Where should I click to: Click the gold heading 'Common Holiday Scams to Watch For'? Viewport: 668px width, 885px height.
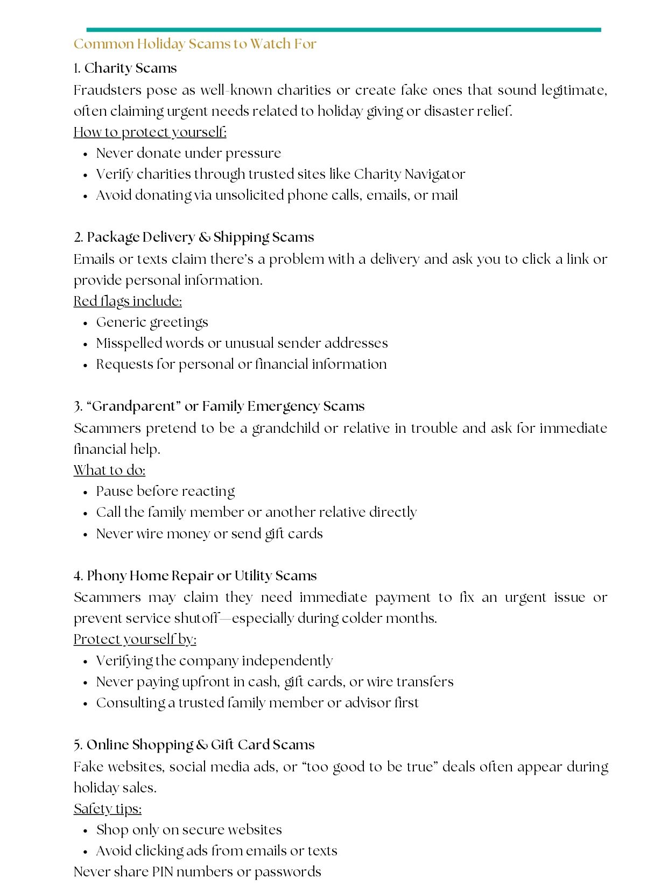pos(194,44)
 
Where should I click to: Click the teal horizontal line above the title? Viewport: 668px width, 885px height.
pos(343,30)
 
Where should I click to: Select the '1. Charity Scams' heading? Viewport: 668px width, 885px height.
pos(125,68)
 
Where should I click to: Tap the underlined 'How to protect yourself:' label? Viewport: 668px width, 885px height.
pos(150,132)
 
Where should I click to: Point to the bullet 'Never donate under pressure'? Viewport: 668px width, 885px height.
pos(188,153)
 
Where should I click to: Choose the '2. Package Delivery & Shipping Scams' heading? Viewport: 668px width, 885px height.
pos(194,237)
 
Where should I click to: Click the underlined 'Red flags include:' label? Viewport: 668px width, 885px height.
pos(128,301)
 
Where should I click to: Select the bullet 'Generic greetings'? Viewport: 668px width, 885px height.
pos(152,322)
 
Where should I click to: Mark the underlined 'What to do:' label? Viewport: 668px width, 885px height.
pos(109,470)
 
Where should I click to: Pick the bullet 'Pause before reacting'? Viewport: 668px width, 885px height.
pos(165,491)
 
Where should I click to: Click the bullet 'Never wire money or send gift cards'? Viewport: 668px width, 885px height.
pos(209,534)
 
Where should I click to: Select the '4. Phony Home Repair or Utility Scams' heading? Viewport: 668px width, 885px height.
pos(195,576)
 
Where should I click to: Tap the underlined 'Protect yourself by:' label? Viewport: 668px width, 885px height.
pos(135,640)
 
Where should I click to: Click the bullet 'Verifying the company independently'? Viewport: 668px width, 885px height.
pos(214,661)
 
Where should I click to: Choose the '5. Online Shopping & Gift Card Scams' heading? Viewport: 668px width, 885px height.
pos(194,745)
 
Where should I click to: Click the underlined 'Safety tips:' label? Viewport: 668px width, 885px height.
pos(108,809)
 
